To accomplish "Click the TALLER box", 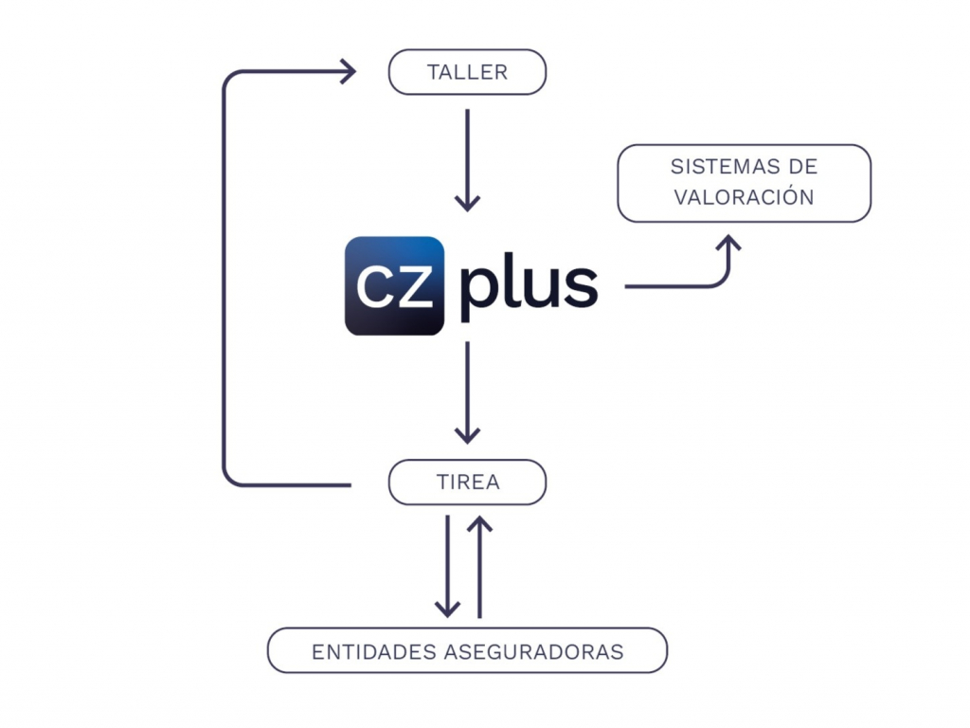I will (467, 73).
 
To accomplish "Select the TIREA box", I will (467, 482).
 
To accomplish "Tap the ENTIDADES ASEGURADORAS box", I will (467, 651).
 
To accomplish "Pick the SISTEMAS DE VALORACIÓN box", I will (744, 183).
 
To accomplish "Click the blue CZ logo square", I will (394, 285).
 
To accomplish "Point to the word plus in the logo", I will (529, 285).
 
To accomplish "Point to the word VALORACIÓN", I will (744, 197).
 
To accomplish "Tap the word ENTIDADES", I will (373, 652).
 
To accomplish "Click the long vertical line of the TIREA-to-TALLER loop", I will (224, 284).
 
